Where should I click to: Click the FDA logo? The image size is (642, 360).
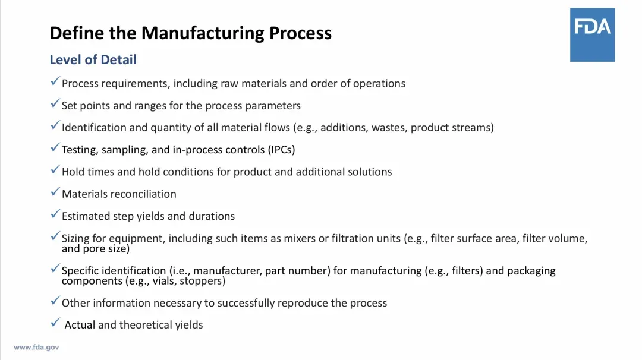592,35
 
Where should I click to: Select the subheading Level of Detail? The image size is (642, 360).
93,59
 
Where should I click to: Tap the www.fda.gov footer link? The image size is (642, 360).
36,348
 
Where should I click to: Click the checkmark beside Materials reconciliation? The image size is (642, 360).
55,192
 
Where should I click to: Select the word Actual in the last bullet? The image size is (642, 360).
80,325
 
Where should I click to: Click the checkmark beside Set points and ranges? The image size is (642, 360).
55,104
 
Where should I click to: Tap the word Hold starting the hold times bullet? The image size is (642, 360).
73,172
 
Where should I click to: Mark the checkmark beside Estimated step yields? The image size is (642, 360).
55,214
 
